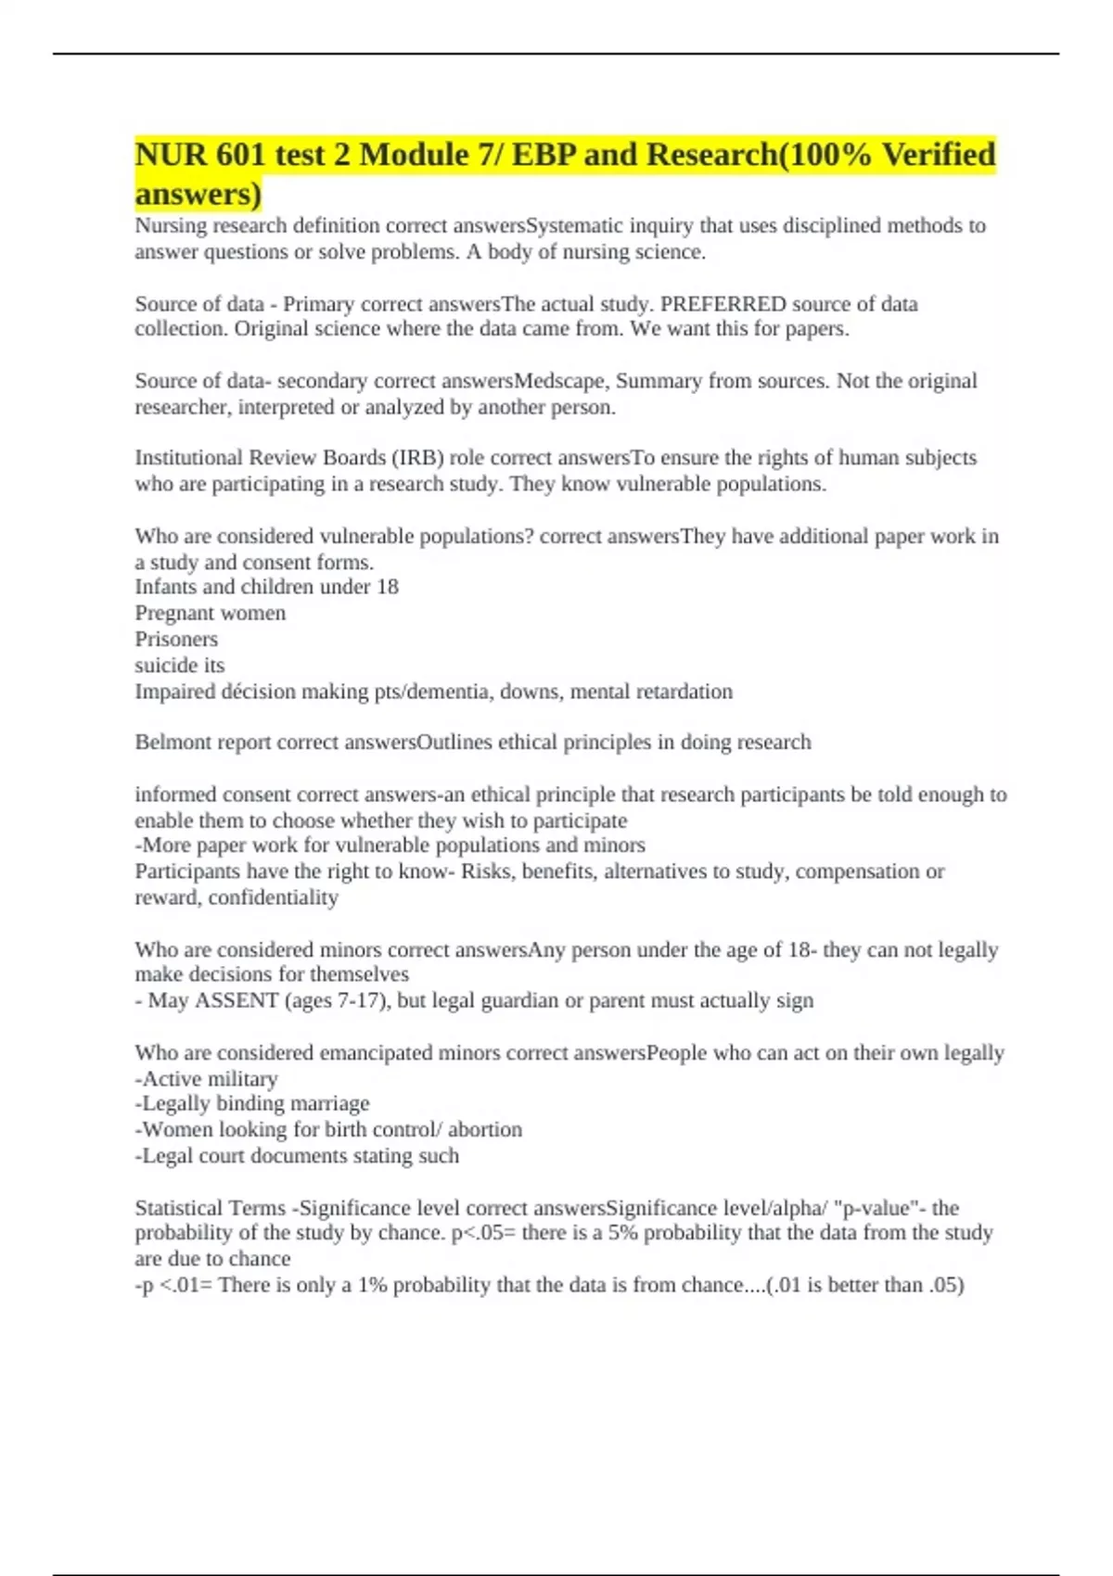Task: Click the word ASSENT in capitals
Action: click(x=237, y=1001)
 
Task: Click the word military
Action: click(x=242, y=1079)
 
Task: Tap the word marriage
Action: click(x=330, y=1104)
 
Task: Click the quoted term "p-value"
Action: click(x=872, y=1209)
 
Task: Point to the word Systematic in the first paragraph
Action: click(x=577, y=226)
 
